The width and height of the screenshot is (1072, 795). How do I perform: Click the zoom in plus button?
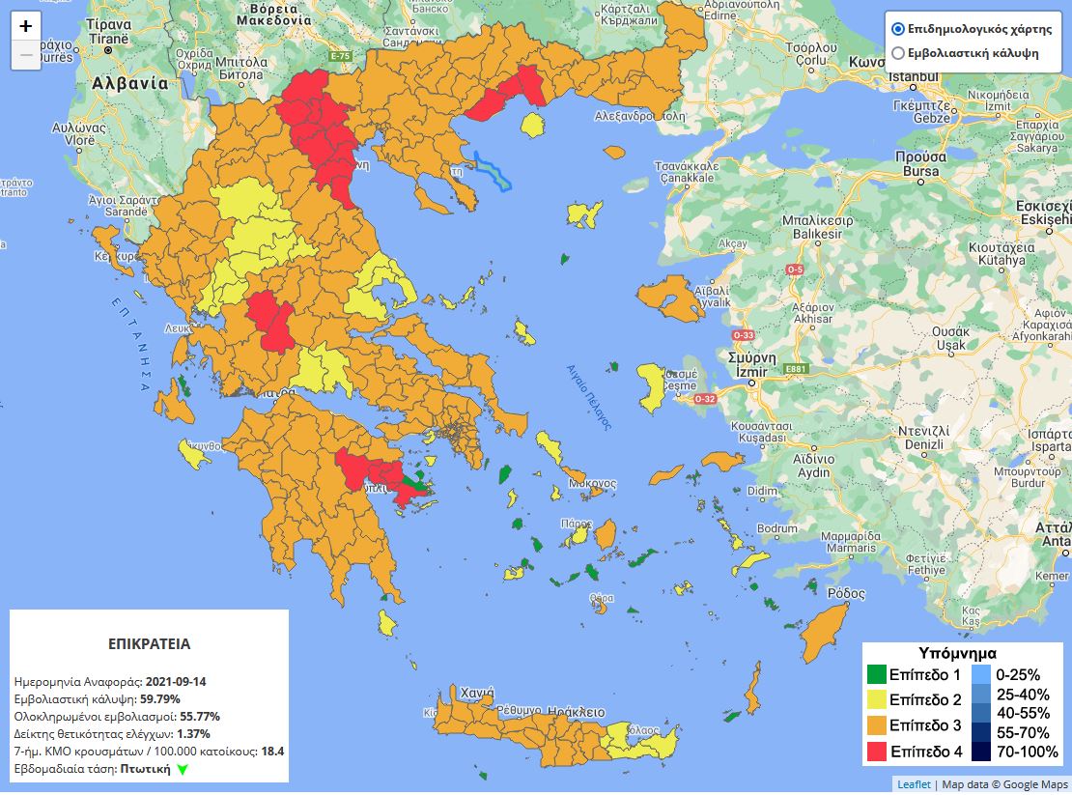coord(26,26)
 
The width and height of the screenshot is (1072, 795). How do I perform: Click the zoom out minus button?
coord(26,55)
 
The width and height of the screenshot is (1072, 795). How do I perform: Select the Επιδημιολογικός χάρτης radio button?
coord(898,29)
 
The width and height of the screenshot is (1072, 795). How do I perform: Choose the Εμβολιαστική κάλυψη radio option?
coord(898,53)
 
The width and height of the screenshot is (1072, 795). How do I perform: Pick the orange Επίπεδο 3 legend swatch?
coord(877,725)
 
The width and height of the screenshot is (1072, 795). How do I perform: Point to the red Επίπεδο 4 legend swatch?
coord(877,751)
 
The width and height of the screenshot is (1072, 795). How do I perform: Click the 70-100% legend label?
coord(1027,752)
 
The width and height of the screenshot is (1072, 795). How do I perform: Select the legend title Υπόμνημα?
coord(957,653)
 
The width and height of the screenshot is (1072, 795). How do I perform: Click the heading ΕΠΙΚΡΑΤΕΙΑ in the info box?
coord(149,643)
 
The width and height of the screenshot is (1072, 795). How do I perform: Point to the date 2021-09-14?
coord(176,682)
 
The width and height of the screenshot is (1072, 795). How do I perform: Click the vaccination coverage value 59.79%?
coord(160,699)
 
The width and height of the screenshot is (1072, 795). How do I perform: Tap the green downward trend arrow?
coord(183,770)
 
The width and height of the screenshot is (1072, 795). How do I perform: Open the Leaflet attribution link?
coord(914,784)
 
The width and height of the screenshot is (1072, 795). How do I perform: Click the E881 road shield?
coord(796,369)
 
